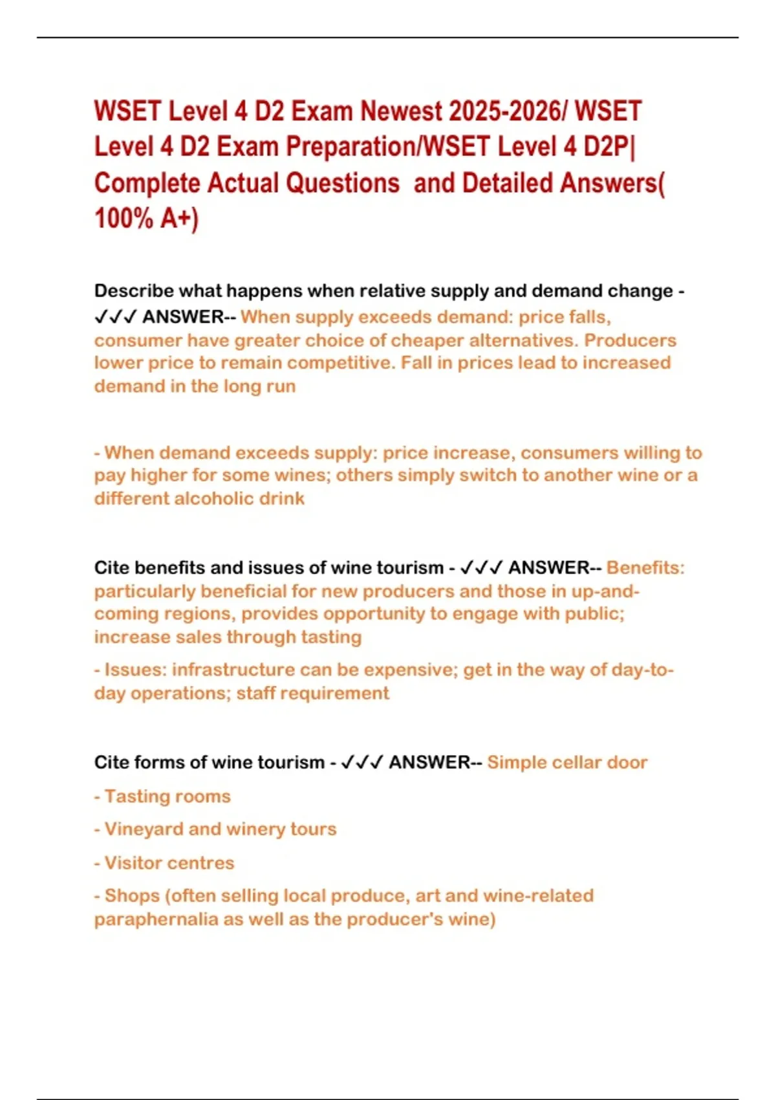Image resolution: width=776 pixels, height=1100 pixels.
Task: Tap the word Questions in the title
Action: tap(342, 183)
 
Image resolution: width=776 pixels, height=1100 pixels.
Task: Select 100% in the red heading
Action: tap(124, 219)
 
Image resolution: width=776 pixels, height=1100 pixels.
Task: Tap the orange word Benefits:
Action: tap(645, 568)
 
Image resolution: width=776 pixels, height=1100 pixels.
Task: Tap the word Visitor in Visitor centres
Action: tap(134, 863)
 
